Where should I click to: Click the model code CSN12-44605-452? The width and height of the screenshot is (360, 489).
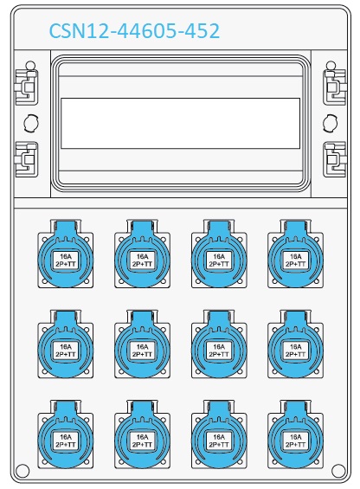pyautogui.click(x=134, y=31)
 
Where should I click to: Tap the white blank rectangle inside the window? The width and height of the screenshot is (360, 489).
pyautogui.click(x=180, y=123)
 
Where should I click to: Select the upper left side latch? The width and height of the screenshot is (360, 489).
pyautogui.click(x=27, y=83)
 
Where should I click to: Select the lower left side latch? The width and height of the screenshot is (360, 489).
pyautogui.click(x=27, y=159)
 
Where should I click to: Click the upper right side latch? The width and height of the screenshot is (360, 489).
pyautogui.click(x=334, y=83)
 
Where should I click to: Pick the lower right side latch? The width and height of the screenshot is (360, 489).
pyautogui.click(x=334, y=159)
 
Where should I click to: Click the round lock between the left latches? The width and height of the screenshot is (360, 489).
pyautogui.click(x=31, y=123)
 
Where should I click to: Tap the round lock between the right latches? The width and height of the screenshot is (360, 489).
pyautogui.click(x=330, y=123)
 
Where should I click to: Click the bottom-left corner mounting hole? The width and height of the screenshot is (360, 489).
pyautogui.click(x=22, y=470)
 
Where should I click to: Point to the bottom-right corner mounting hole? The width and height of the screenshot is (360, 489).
pyautogui.click(x=338, y=470)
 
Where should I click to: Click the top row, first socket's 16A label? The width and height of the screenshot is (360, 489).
pyautogui.click(x=66, y=257)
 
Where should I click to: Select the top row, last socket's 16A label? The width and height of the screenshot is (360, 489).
pyautogui.click(x=295, y=257)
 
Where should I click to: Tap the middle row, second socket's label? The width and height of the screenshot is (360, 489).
pyautogui.click(x=142, y=351)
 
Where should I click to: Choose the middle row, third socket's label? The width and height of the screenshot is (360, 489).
pyautogui.click(x=219, y=351)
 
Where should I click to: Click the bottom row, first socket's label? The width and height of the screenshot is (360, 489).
pyautogui.click(x=66, y=441)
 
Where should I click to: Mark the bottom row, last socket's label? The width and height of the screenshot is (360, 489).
pyautogui.click(x=295, y=441)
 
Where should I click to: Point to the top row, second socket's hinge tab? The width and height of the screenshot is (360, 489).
pyautogui.click(x=142, y=227)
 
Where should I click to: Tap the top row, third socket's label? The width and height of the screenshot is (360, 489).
pyautogui.click(x=219, y=261)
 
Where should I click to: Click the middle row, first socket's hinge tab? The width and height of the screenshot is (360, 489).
pyautogui.click(x=66, y=318)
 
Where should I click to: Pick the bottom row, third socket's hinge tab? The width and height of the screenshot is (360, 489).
pyautogui.click(x=219, y=408)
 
